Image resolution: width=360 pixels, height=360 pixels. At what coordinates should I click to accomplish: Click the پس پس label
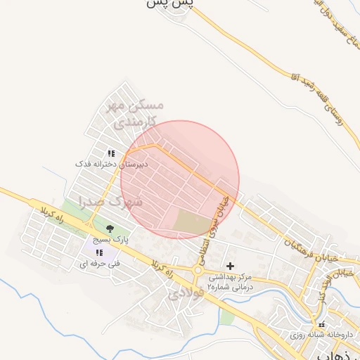coord(169,4)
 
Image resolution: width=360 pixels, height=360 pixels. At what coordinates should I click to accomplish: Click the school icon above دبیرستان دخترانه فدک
coord(111,153)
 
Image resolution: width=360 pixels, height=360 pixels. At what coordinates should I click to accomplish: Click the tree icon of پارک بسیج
coord(109,228)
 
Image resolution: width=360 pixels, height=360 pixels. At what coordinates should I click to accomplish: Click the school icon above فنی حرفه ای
coord(99,252)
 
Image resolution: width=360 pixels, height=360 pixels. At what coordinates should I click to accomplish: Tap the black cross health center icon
coord(230,266)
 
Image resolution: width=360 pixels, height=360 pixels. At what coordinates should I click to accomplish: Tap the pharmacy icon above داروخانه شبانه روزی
coord(322,325)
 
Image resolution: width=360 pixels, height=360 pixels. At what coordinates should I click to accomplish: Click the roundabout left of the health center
coord(199,271)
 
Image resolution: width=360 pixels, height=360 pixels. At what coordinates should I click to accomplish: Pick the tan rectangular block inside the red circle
coord(192,224)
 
